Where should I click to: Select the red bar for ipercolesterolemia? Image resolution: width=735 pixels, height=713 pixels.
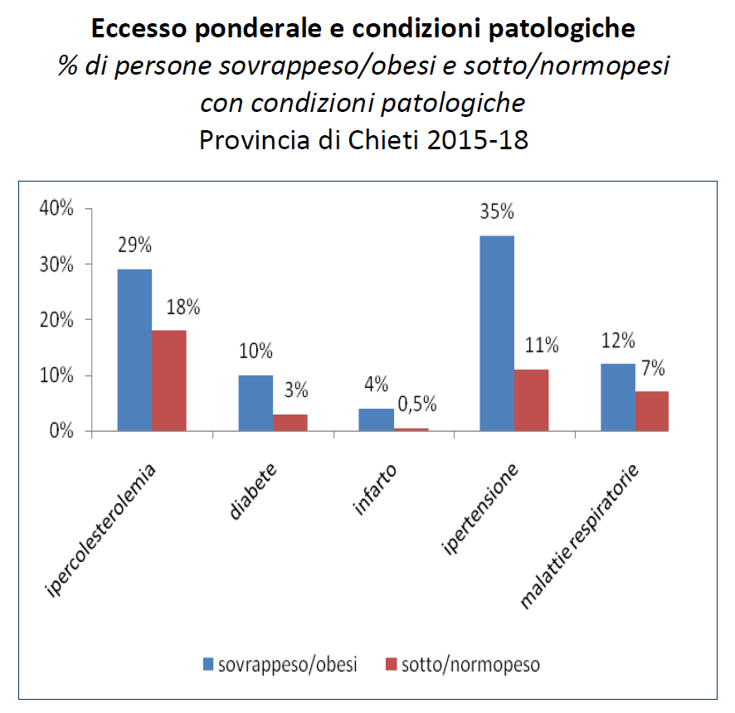click(x=168, y=381)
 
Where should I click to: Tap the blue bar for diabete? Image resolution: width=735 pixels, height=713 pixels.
click(x=256, y=403)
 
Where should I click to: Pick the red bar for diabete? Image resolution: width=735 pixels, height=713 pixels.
click(x=290, y=422)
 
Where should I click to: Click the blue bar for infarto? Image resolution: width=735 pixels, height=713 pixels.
click(x=376, y=420)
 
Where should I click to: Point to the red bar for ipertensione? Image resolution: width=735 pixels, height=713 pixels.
click(x=531, y=400)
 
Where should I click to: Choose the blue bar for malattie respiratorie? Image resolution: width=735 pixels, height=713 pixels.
click(x=617, y=397)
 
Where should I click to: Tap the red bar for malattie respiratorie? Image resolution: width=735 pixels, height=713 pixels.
click(x=652, y=411)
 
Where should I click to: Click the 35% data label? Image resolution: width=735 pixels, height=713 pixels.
click(x=496, y=211)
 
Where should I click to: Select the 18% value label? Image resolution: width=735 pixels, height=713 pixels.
click(x=183, y=307)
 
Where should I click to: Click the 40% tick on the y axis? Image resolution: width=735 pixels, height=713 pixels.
click(x=56, y=209)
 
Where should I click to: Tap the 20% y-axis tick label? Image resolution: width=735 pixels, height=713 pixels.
click(x=56, y=320)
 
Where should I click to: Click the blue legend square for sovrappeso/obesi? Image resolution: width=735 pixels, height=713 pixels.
click(x=207, y=664)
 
